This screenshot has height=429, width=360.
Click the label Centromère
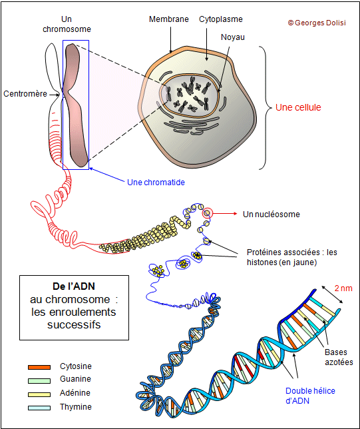click(25, 94)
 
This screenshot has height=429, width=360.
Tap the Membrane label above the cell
click(168, 19)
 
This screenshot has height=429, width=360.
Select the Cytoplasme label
click(221, 19)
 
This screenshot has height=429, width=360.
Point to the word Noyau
click(233, 37)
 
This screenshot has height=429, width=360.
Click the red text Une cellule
click(298, 107)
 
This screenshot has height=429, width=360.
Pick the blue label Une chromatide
click(156, 183)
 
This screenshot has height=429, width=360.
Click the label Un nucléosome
click(271, 214)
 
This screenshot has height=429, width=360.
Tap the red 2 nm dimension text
click(343, 288)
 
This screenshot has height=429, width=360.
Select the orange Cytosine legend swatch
click(39, 367)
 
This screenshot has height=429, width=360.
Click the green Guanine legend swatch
click(39, 380)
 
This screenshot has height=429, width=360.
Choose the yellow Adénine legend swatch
click(39, 394)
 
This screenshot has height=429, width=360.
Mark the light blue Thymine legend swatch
click(39, 408)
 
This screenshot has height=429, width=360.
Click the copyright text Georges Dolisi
click(317, 23)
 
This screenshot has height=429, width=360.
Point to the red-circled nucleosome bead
click(207, 213)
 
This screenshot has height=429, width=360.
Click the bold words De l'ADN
click(74, 286)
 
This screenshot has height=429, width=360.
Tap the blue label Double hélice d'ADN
click(310, 396)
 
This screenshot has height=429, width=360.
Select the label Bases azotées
click(339, 357)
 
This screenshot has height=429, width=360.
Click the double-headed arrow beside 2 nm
click(332, 294)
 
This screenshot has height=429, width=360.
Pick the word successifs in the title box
click(74, 325)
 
